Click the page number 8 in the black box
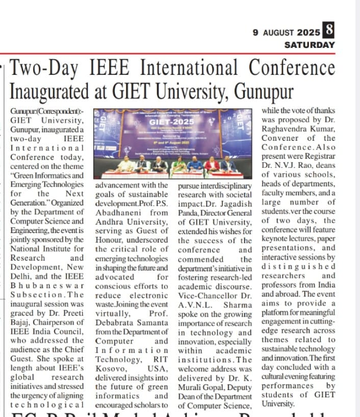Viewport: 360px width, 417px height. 329,32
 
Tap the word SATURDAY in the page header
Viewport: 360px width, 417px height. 310,45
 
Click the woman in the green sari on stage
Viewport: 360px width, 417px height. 179,164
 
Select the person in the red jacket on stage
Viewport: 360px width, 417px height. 211,164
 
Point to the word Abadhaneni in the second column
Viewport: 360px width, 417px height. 118,212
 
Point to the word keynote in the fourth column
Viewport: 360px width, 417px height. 276,240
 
